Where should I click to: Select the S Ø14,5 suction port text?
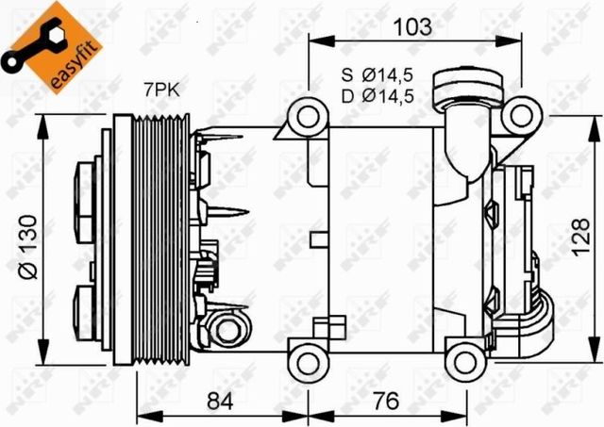380,75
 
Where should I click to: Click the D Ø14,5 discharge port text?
380,94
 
